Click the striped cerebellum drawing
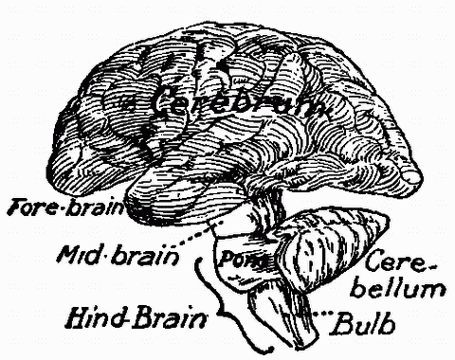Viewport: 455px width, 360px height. pos(327,242)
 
